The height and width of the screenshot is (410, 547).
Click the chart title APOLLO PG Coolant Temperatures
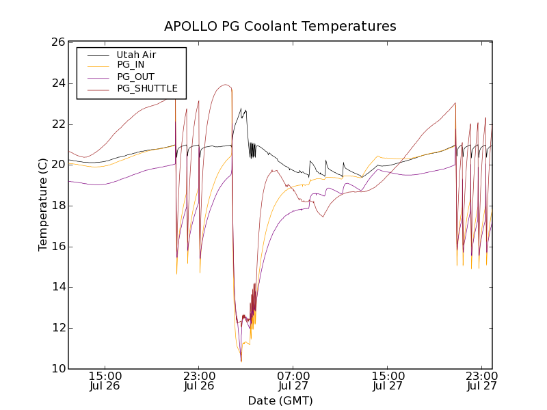point(280,27)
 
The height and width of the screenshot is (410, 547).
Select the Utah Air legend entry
point(136,55)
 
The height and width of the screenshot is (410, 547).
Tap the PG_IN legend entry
point(131,65)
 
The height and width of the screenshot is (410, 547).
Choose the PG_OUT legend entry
point(135,77)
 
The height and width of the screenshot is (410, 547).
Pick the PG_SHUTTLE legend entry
point(147,88)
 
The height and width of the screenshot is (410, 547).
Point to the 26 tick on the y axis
point(57,42)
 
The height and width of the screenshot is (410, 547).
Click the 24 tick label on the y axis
point(57,83)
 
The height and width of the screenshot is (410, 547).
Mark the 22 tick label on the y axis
point(57,124)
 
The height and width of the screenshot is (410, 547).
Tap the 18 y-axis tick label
point(57,206)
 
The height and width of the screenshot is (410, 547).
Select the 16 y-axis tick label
point(57,247)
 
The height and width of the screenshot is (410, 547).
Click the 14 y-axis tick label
point(57,288)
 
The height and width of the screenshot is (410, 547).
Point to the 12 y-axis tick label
point(57,328)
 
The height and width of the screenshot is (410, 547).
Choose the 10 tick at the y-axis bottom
point(57,369)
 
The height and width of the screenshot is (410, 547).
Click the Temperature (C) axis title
point(43,205)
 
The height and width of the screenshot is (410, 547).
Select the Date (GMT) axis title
point(280,401)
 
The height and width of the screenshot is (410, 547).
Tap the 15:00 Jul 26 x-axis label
point(105,381)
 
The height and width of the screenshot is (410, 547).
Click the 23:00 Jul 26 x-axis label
point(200,381)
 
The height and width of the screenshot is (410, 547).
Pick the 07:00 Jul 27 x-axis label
point(294,381)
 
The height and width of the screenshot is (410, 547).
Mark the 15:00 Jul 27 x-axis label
point(388,381)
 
